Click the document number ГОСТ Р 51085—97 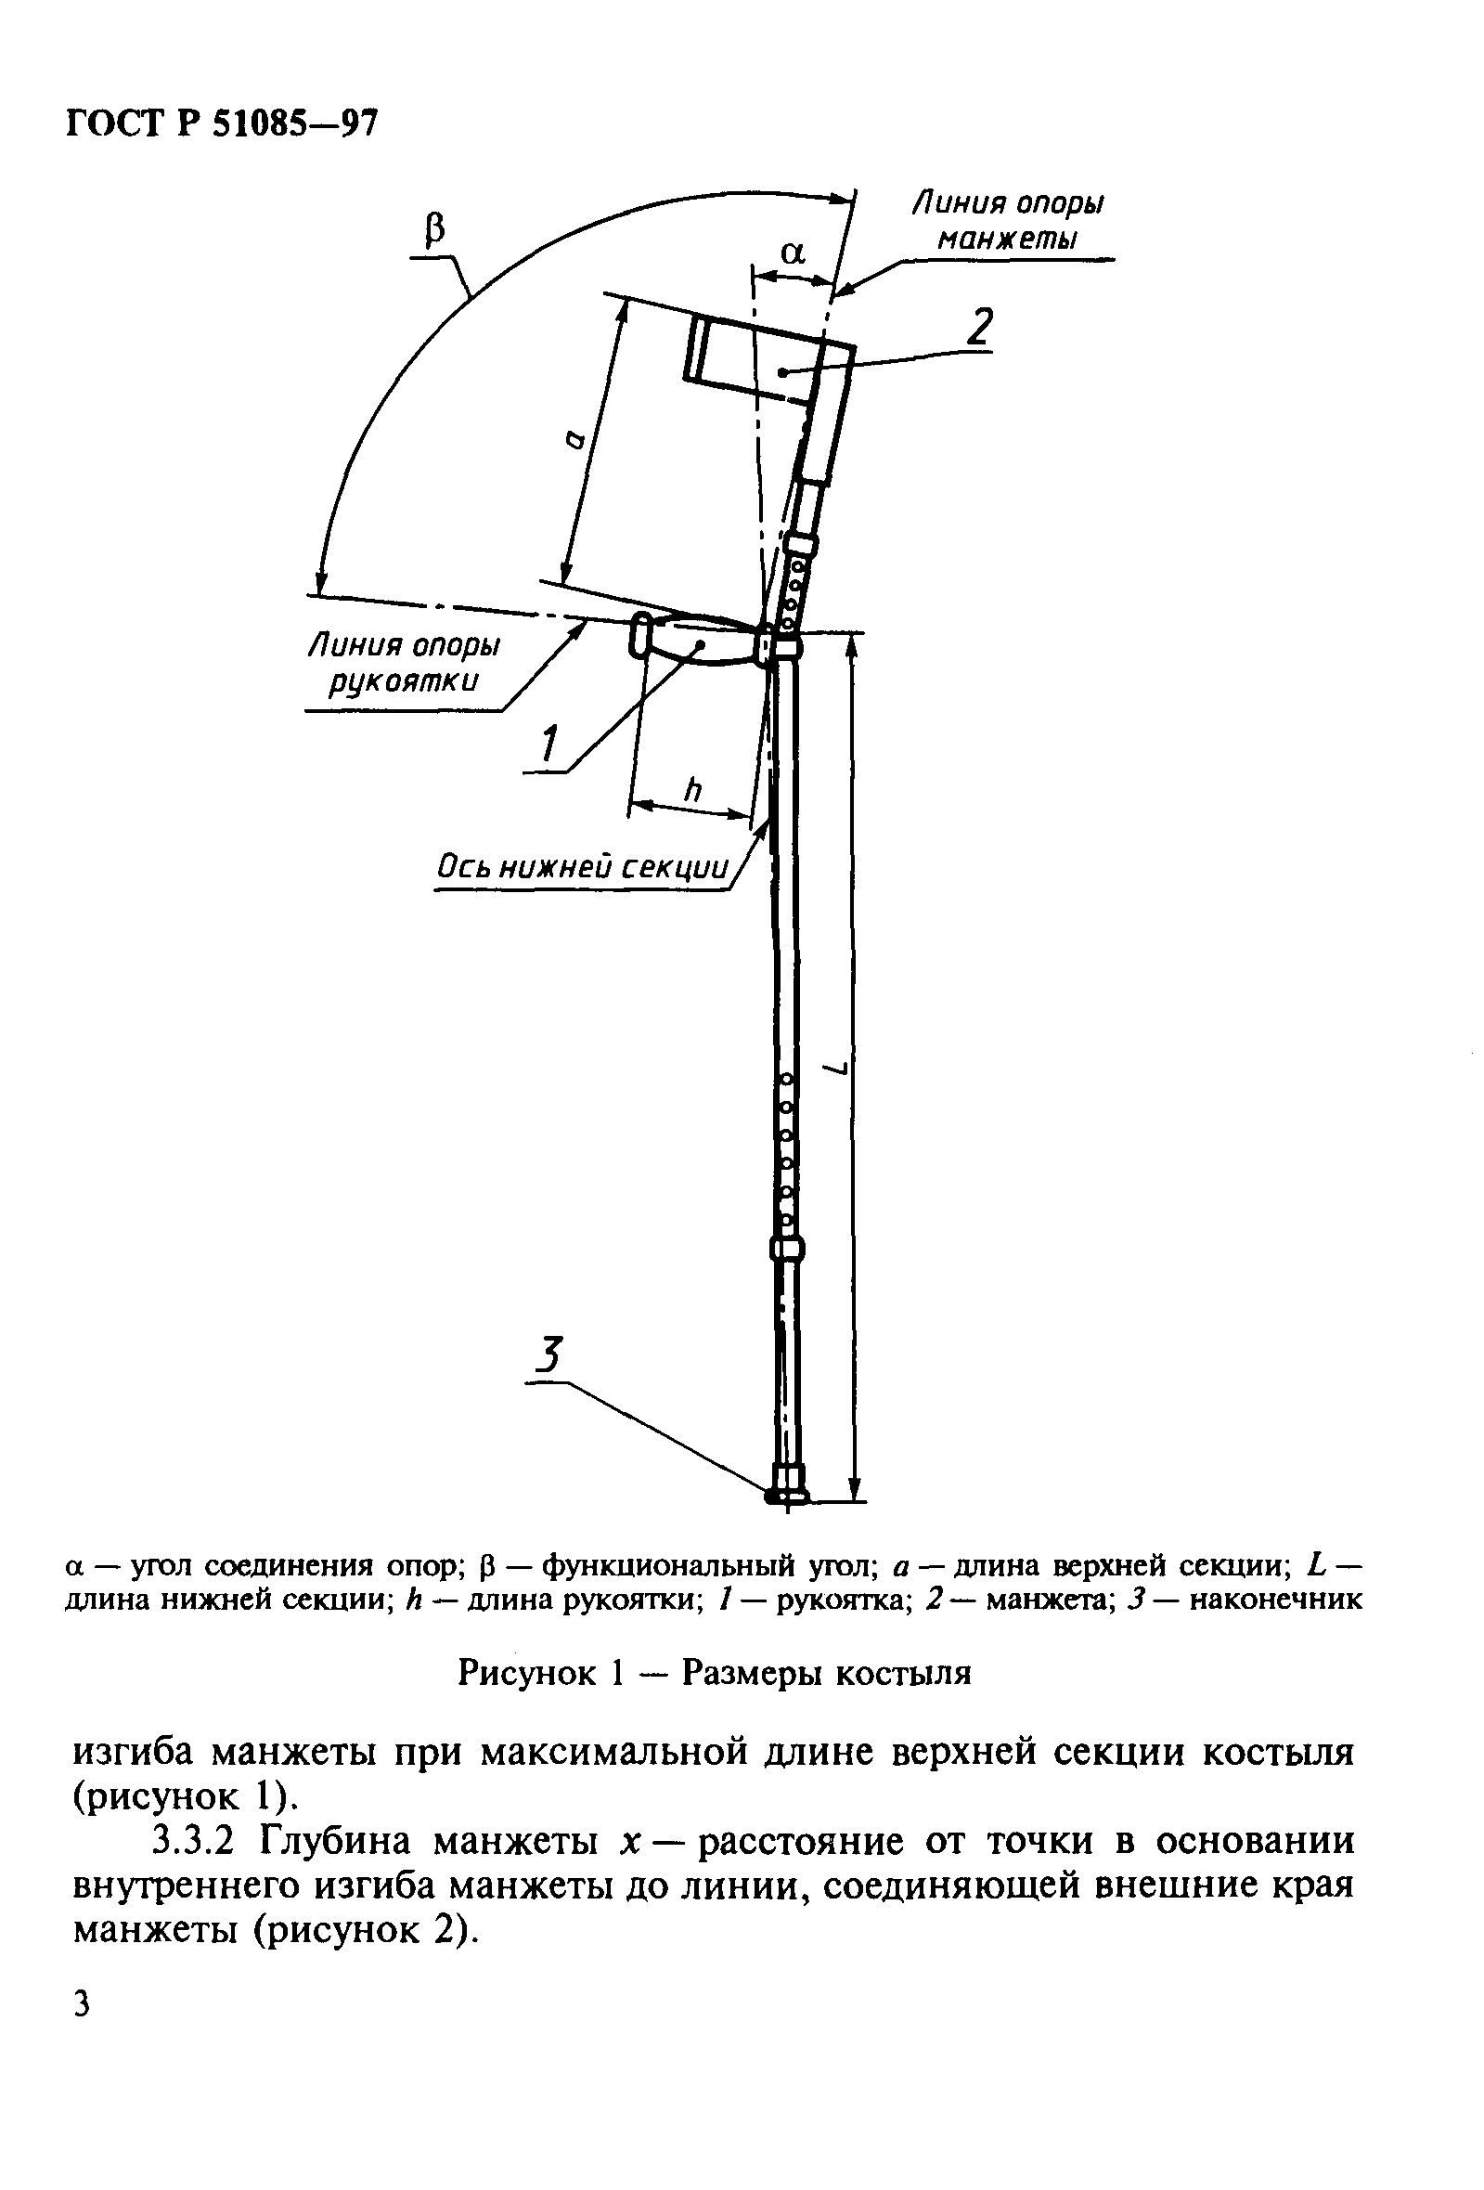[222, 123]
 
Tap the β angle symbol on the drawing [434, 229]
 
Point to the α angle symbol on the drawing [794, 253]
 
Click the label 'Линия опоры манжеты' [1007, 221]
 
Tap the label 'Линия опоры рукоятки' [405, 664]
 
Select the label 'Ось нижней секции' [582, 868]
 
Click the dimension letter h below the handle [692, 790]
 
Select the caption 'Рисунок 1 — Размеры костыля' [714, 1673]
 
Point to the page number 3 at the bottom [82, 2004]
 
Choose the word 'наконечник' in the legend [1276, 1600]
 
